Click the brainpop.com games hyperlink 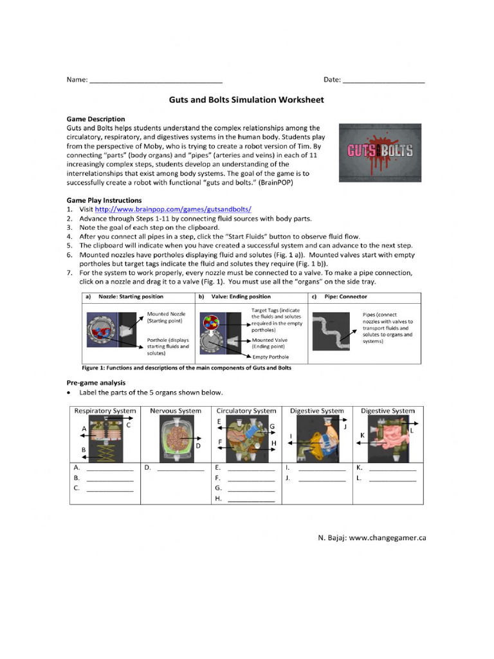click(x=173, y=210)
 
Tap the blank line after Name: click(x=156, y=80)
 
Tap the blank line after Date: click(x=383, y=80)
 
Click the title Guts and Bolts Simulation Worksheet click(x=246, y=100)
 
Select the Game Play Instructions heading click(x=104, y=201)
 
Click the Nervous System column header click(x=175, y=411)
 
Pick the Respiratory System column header click(x=105, y=411)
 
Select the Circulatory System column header click(x=246, y=411)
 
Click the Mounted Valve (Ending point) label click(x=270, y=343)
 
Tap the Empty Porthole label click(x=270, y=357)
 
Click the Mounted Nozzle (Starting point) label click(x=166, y=317)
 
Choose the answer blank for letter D click(x=180, y=469)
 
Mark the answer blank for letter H click(x=251, y=499)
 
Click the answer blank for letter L click(x=392, y=479)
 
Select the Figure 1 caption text click(x=187, y=368)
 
